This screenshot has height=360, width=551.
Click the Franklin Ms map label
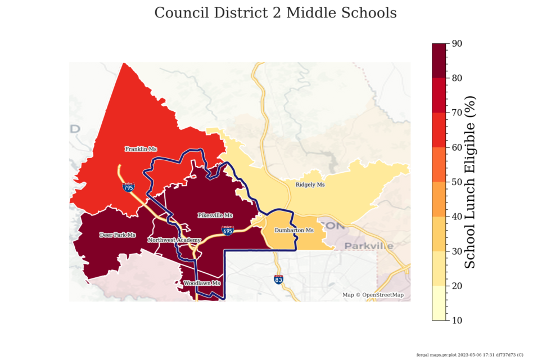click(x=141, y=149)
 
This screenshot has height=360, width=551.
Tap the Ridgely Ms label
click(x=310, y=184)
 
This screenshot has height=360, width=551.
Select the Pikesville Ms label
click(x=215, y=215)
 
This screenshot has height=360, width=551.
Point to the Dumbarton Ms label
click(x=293, y=231)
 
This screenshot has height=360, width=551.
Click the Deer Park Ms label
click(x=118, y=235)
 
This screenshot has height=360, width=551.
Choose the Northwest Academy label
click(x=174, y=240)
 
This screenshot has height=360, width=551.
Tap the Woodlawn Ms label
click(x=201, y=283)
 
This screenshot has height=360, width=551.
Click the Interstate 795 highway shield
click(x=129, y=187)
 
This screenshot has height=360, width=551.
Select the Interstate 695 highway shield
click(x=228, y=231)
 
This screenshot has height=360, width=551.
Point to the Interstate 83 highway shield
click(x=279, y=279)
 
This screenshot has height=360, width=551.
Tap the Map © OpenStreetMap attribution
click(x=373, y=295)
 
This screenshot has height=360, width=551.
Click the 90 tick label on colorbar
click(x=457, y=44)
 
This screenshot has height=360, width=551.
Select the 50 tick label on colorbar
click(x=457, y=182)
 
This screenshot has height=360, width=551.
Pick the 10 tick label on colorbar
click(x=457, y=320)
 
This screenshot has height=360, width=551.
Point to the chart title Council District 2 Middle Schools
click(x=275, y=13)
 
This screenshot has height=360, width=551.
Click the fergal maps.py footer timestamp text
click(x=469, y=354)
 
